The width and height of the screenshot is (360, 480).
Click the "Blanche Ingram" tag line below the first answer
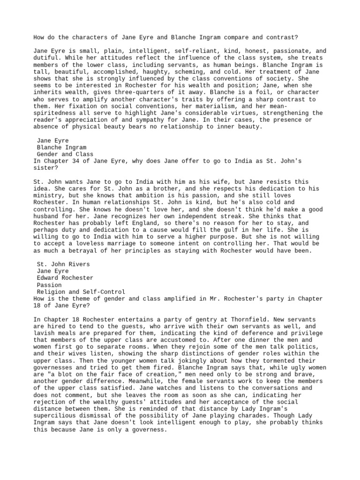(x=61, y=147)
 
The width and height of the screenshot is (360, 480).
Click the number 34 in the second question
(x=79, y=161)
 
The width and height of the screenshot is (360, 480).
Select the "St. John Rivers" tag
(x=63, y=264)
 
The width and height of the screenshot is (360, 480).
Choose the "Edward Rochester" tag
(x=65, y=278)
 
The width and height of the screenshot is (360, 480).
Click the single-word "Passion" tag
(x=49, y=285)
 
